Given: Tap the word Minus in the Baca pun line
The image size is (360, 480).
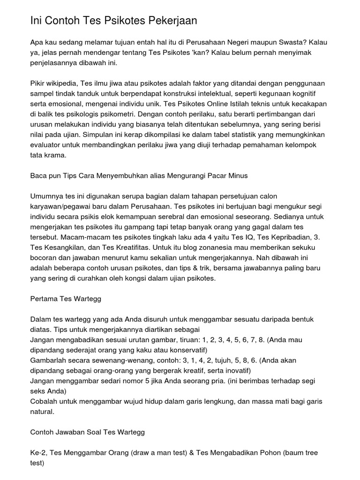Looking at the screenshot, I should click(237, 175).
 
